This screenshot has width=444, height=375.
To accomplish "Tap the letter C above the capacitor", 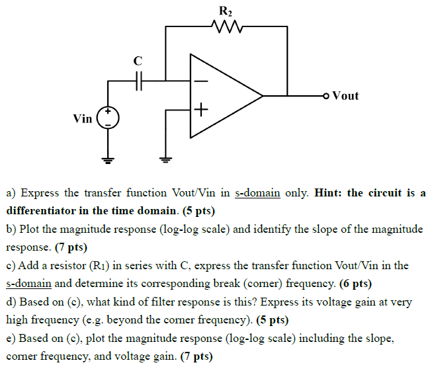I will coord(138,61).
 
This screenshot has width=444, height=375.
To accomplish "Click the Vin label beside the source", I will coord(83,119).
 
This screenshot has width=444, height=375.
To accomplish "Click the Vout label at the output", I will coord(345,96).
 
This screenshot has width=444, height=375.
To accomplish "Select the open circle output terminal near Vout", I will coord(326,97).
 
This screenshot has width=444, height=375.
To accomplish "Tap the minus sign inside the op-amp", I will coord(201,82).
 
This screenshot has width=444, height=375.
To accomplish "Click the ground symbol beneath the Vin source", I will coord(108,159).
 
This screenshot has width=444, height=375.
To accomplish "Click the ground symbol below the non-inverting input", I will coord(165,159).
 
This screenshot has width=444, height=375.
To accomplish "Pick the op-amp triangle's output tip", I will coord(263,96).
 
